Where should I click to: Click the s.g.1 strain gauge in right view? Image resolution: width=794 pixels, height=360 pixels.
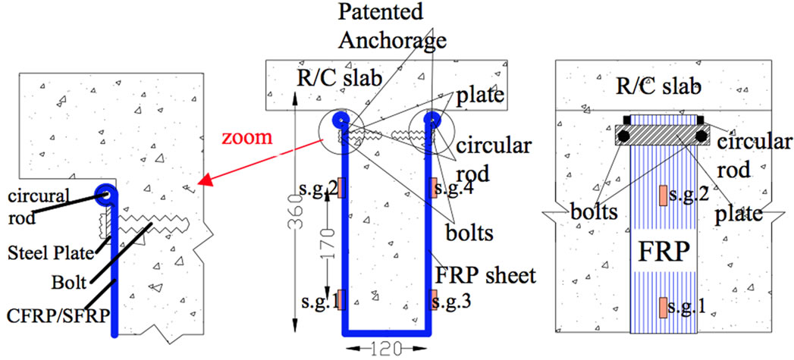pos(664,307)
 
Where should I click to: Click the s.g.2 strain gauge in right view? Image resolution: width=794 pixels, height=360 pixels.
pos(664,195)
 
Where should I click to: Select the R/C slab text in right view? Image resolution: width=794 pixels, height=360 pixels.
pos(659,86)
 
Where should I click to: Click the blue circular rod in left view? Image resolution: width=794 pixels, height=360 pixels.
pos(104,194)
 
